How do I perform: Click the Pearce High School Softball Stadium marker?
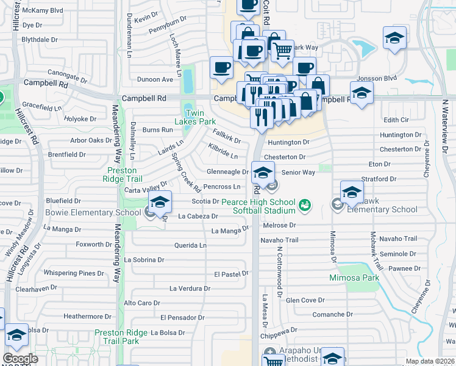(x=305, y=207)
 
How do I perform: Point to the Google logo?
(x=20, y=359)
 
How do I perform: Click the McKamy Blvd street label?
(x=42, y=10)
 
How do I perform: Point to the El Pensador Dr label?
(x=182, y=318)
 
